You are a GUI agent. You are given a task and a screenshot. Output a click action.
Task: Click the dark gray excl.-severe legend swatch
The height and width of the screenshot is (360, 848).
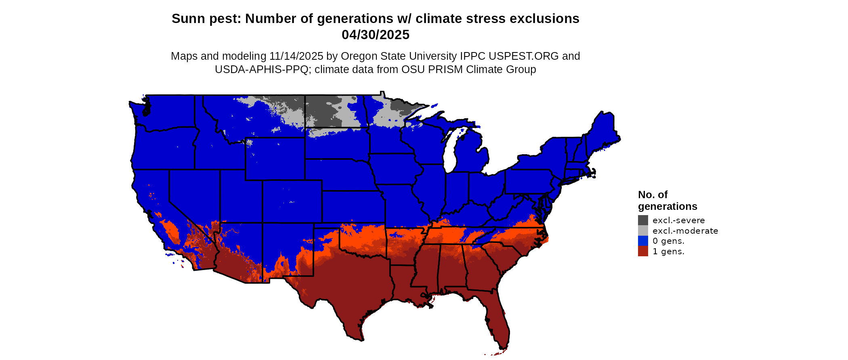click(x=643, y=220)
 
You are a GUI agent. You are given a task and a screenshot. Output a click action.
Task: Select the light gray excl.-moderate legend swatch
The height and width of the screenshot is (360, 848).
click(x=643, y=230)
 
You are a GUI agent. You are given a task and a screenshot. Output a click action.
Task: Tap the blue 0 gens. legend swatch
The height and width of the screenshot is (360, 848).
click(x=643, y=241)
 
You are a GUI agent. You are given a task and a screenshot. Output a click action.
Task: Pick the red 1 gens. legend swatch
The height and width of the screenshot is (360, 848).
click(x=643, y=251)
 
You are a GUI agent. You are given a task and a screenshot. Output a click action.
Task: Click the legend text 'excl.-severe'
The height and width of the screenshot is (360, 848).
click(x=678, y=220)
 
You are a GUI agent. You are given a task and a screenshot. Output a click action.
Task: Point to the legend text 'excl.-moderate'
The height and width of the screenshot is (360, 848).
click(x=685, y=231)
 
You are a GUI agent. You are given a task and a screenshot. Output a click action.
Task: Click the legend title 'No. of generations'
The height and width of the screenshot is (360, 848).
click(x=667, y=201)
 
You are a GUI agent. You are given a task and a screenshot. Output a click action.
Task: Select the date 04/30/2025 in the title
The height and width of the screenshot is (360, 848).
click(x=375, y=35)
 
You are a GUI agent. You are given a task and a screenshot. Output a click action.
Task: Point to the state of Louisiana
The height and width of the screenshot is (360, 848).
click(x=408, y=283)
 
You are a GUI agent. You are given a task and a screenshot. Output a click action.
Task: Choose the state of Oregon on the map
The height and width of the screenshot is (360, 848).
click(x=164, y=147)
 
